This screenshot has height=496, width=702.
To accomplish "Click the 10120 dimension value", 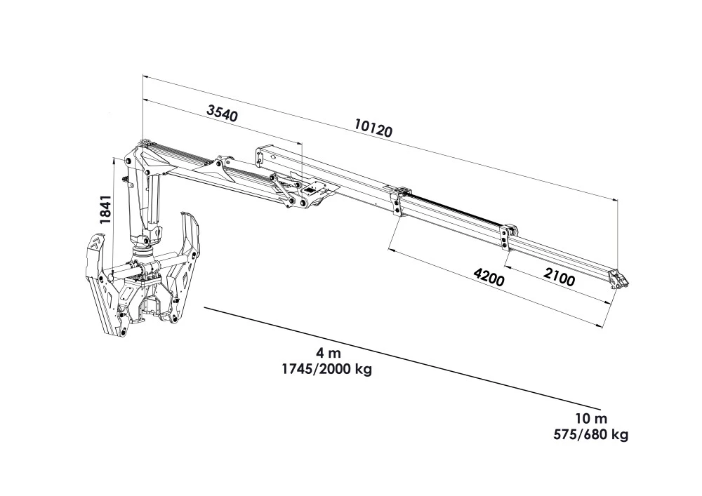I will point(373,128).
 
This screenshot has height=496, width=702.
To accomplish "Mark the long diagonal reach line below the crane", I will point(400,357).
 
